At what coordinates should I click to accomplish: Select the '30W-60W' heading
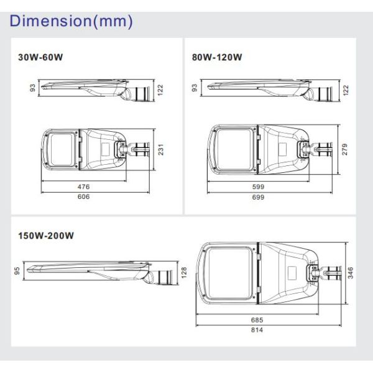[x=41, y=57]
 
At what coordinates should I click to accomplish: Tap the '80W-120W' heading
[x=217, y=57]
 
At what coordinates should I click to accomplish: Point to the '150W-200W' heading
[x=46, y=236]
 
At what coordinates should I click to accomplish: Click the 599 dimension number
[x=258, y=186]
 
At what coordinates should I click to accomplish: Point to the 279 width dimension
[x=344, y=150]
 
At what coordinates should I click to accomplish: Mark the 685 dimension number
[x=257, y=319]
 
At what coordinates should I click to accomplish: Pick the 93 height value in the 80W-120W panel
[x=195, y=88]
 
